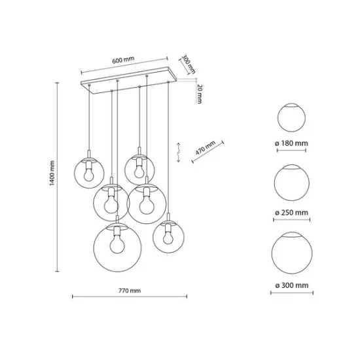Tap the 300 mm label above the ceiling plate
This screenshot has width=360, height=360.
(x=189, y=63)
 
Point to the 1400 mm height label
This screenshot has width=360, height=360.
(x=52, y=175)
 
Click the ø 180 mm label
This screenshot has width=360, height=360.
(x=292, y=143)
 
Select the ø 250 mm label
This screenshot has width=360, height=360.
(x=292, y=213)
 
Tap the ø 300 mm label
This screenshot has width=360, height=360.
(x=292, y=286)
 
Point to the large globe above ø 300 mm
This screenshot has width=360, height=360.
(x=292, y=252)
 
